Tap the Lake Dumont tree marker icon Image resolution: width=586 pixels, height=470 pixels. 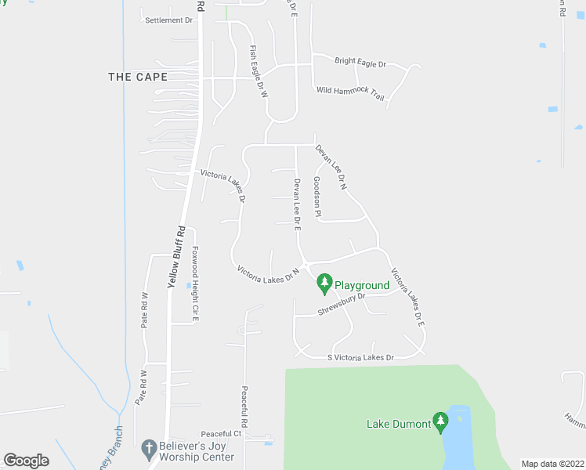click(440, 423)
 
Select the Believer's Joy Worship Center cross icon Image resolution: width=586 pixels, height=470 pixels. click(149, 449)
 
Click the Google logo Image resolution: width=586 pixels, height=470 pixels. click(26, 461)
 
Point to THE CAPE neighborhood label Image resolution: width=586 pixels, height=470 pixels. click(138, 77)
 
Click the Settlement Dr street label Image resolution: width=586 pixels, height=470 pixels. click(168, 20)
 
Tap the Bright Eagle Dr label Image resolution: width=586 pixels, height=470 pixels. click(360, 62)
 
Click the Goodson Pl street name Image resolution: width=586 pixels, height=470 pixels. click(317, 197)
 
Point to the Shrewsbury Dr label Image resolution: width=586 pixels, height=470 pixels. click(342, 306)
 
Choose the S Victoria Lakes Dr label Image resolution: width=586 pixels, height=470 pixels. click(360, 357)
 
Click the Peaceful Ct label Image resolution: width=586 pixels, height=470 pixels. click(221, 434)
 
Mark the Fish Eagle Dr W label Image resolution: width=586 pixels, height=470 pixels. click(259, 71)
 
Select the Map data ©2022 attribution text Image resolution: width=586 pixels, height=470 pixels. click(552, 463)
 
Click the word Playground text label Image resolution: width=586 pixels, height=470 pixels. click(362, 285)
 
